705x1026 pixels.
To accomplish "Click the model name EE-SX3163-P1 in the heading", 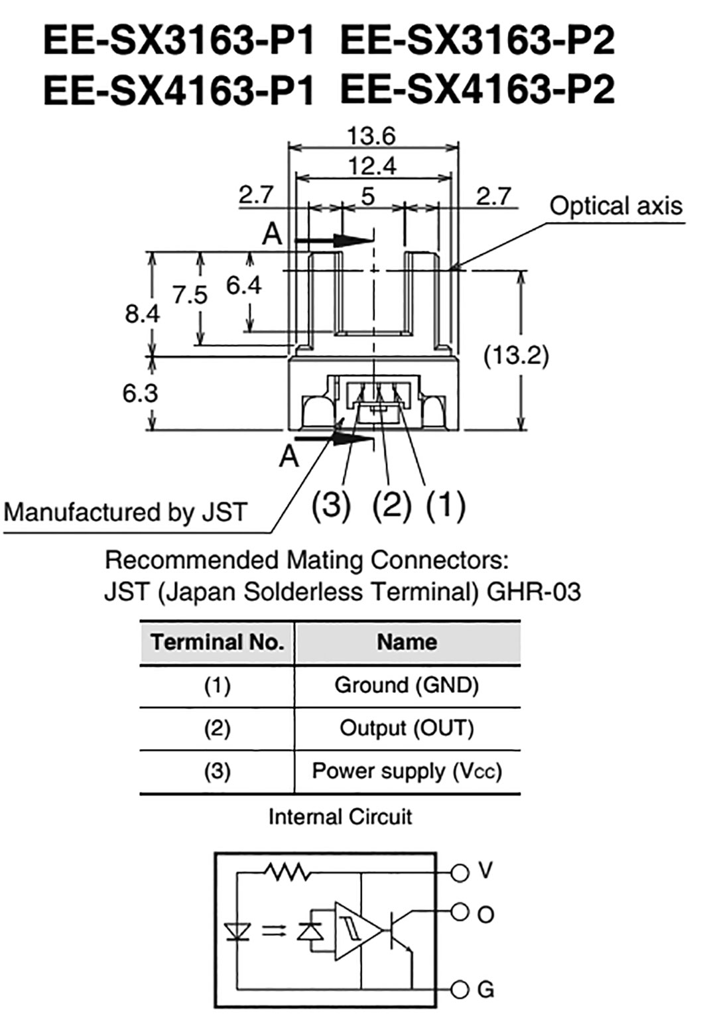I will click(178, 40).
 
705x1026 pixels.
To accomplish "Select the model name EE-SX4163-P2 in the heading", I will click(477, 90).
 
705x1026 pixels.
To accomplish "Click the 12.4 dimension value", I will click(372, 166).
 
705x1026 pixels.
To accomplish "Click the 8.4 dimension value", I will click(142, 313).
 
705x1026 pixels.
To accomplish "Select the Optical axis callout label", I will click(615, 206).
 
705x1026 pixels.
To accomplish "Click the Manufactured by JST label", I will click(125, 512).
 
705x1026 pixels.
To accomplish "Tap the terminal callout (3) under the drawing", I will click(330, 505).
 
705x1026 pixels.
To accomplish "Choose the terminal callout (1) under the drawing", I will click(445, 505).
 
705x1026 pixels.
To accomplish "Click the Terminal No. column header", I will click(217, 642).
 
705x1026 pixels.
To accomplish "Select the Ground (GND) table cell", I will click(407, 684).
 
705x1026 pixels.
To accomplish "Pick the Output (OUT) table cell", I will click(407, 728).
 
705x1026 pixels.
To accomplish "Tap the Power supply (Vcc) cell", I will click(407, 771).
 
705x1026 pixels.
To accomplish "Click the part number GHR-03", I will click(533, 591).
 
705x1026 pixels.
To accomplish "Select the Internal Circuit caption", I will click(340, 816).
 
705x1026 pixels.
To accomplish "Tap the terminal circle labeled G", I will click(460, 990).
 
